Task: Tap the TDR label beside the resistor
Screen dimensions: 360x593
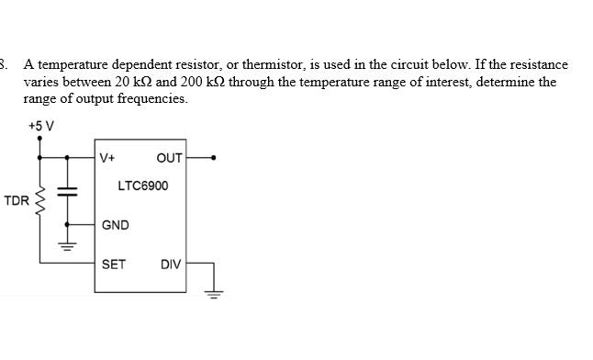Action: click(x=16, y=200)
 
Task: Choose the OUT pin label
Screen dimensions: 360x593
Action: click(x=170, y=156)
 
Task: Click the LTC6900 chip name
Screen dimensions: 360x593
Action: click(x=143, y=186)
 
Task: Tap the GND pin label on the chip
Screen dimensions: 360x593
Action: click(x=115, y=225)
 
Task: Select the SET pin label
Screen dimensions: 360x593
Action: click(x=114, y=264)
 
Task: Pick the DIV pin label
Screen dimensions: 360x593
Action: click(x=171, y=264)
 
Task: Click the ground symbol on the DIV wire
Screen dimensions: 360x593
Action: click(x=214, y=296)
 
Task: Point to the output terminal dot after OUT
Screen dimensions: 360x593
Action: click(x=214, y=157)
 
